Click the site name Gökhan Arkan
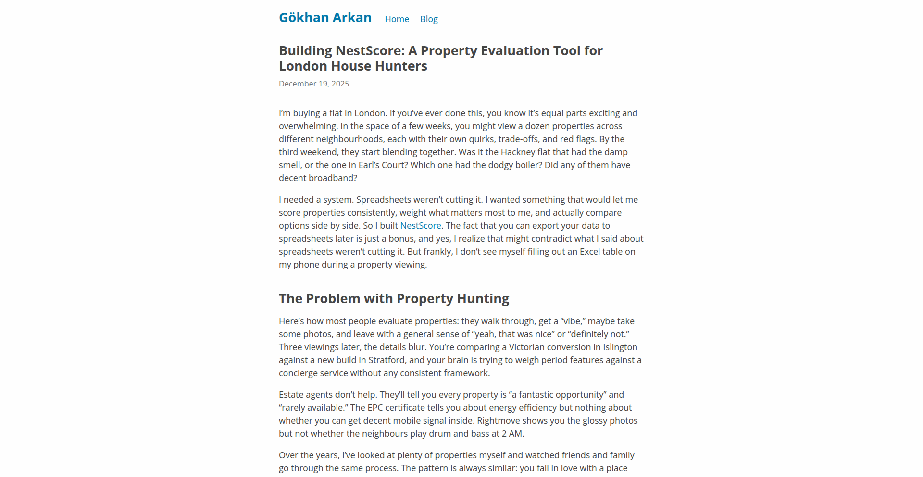[325, 18]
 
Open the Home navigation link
[397, 19]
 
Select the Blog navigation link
[429, 19]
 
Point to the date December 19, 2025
[314, 84]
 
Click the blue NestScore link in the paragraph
[421, 226]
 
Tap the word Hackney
[518, 152]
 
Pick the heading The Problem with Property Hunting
[394, 299]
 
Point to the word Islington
[620, 347]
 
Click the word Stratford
[387, 360]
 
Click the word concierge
[298, 373]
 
